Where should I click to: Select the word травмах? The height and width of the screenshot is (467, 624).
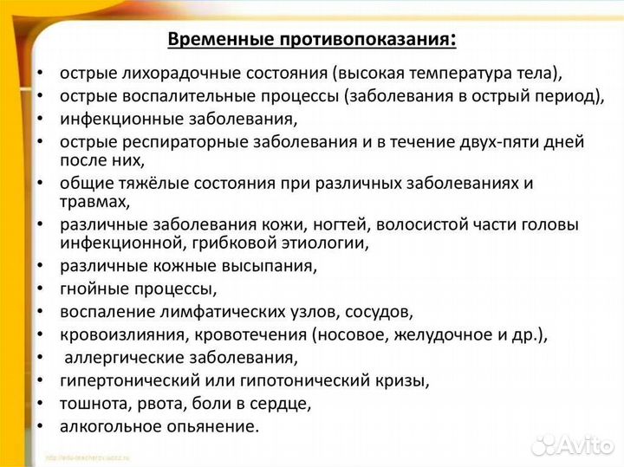click(94, 202)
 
